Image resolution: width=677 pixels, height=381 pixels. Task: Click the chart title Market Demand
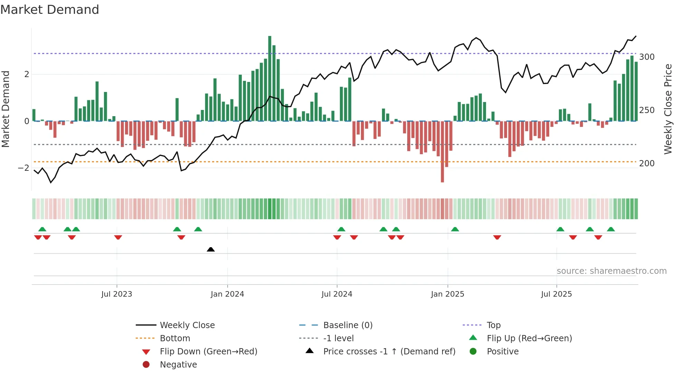click(50, 10)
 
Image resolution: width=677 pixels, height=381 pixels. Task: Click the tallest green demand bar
click(270, 79)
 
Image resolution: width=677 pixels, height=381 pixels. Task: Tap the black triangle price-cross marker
click(211, 249)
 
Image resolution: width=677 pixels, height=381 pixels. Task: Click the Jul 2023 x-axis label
click(117, 294)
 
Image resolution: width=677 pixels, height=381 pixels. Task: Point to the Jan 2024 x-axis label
click(227, 294)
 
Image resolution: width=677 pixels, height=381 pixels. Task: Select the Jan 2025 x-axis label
click(448, 294)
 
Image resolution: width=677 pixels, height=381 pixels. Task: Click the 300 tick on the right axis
click(647, 57)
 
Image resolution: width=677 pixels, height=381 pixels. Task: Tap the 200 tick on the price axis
click(647, 164)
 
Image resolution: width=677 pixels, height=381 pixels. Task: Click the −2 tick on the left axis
click(24, 168)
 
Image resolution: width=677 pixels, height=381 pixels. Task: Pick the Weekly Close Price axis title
click(668, 109)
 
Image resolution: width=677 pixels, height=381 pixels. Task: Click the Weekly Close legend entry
click(187, 325)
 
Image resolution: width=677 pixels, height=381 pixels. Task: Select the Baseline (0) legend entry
click(347, 325)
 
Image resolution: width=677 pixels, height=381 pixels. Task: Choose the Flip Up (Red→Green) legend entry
click(529, 338)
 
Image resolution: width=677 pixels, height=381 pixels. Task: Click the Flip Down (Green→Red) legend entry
click(208, 352)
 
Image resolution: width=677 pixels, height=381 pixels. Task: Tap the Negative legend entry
click(178, 365)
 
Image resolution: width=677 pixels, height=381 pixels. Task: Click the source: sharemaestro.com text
click(611, 271)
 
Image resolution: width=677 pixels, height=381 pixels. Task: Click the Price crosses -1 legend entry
click(389, 352)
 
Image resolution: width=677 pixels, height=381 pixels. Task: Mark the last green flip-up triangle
click(611, 229)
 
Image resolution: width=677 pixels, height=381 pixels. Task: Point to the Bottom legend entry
click(175, 338)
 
